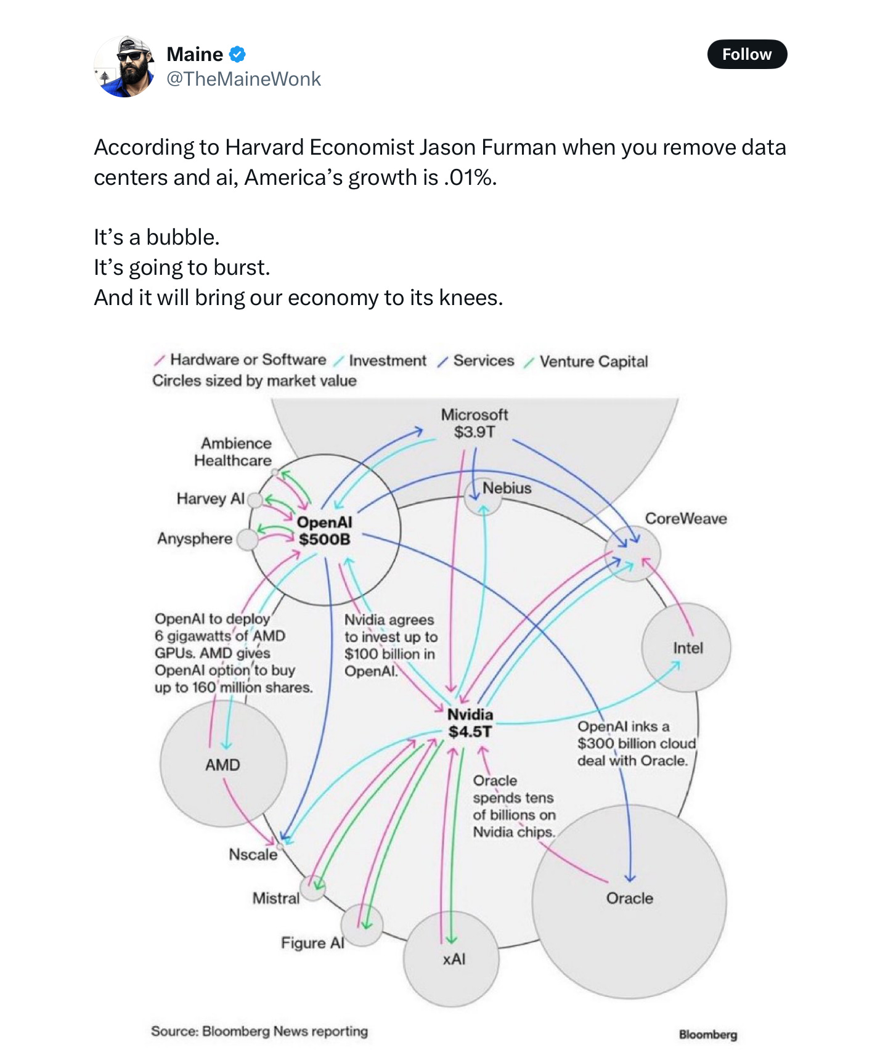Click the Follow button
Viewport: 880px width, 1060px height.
(746, 54)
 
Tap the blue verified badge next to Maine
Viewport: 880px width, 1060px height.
(237, 54)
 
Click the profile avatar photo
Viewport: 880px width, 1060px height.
(124, 67)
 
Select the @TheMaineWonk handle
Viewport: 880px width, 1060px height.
(243, 79)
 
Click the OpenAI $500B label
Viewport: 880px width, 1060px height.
(324, 531)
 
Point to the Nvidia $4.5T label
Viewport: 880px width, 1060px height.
(470, 723)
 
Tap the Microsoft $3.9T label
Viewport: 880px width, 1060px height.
(474, 423)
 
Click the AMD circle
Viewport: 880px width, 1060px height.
(223, 764)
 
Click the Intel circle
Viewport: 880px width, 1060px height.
(686, 648)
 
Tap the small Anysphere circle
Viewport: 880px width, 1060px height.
(247, 540)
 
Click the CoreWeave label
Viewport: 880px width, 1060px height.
(685, 518)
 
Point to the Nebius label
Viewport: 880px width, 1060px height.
(507, 488)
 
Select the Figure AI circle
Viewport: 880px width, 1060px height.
(362, 925)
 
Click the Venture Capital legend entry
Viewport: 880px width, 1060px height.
(593, 361)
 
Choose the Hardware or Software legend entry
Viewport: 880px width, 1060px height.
(248, 359)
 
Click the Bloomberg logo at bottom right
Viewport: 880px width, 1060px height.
(707, 1034)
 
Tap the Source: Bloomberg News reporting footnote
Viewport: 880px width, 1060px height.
(259, 1031)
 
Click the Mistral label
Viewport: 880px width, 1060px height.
(275, 898)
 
